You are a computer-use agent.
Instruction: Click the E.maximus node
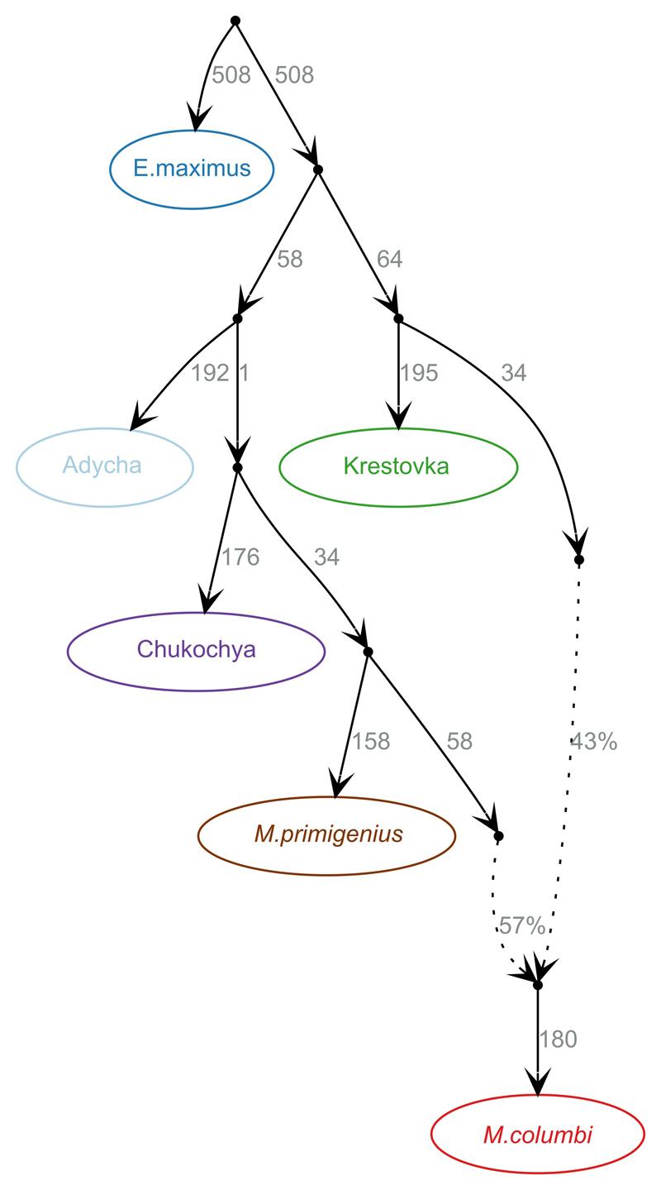192,170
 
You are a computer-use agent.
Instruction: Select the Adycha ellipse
104,466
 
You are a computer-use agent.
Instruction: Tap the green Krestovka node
398,466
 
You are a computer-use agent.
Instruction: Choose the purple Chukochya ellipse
196,650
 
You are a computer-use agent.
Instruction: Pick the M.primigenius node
327,834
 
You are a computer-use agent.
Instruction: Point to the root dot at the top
235,20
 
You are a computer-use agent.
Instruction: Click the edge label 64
389,260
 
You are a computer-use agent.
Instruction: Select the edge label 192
209,373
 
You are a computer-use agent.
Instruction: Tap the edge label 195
419,373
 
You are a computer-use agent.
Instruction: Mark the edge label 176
240,557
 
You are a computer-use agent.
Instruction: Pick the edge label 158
371,742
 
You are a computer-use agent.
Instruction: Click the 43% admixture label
593,742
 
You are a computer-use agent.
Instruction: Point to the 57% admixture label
521,926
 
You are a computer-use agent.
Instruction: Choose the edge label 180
558,1039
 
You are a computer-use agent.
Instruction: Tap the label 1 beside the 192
244,373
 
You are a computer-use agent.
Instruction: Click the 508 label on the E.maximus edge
231,75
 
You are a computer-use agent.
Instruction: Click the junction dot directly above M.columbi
538,985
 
